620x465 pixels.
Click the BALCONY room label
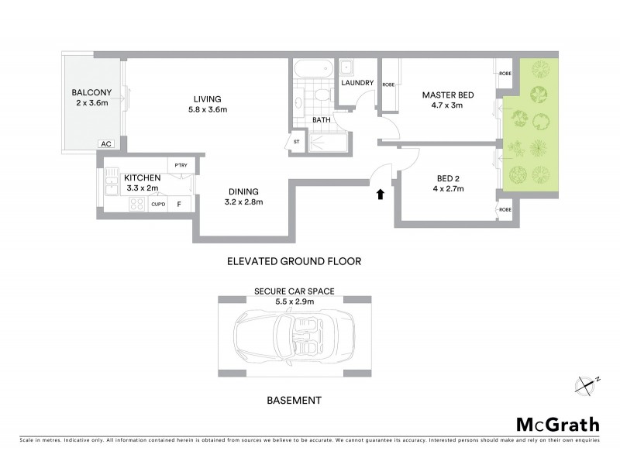pos(93,92)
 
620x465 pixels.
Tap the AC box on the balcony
pos(105,143)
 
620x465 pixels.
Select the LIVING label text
pos(208,98)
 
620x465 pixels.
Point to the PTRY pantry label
pos(181,165)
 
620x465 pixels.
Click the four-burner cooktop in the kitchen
pos(136,205)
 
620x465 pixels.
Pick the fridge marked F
pos(179,205)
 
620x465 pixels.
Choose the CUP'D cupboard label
pos(158,205)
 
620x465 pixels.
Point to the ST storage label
pos(296,142)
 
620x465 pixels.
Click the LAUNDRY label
pos(357,83)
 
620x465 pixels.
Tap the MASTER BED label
pos(447,95)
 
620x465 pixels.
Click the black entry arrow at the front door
pos(380,195)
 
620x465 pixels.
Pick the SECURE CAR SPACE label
pos(294,291)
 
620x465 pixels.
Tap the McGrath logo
pos(557,424)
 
